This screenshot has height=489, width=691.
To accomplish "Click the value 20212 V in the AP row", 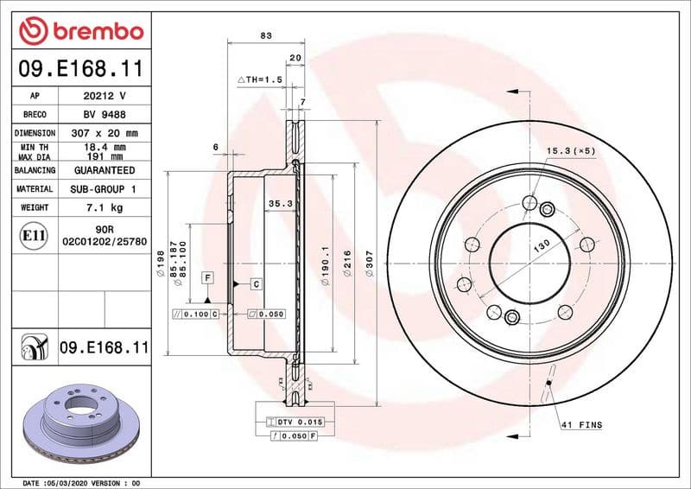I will [104, 96].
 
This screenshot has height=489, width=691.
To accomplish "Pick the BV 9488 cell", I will [104, 115].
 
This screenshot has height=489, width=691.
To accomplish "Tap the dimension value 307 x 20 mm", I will [104, 133].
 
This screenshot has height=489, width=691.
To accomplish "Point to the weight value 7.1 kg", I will [104, 207].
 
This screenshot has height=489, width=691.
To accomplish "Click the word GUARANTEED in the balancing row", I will [104, 170].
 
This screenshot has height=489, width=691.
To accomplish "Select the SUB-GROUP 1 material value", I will [104, 188].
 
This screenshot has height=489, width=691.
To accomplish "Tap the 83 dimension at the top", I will [265, 35].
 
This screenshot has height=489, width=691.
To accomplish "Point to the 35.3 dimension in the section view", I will [281, 204].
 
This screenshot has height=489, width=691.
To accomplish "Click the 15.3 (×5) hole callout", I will [571, 151].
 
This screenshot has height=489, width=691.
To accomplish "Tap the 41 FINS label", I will [582, 425].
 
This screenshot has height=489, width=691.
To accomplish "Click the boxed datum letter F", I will [207, 276].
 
